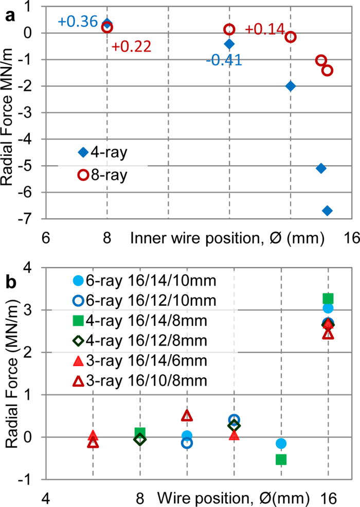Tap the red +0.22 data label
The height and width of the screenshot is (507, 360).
131,47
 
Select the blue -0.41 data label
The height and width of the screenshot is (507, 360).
224,60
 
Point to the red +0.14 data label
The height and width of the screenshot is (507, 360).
265,30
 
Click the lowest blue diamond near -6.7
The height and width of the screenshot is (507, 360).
327,211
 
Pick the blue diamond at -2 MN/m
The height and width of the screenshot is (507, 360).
291,86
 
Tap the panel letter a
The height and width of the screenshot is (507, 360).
9,15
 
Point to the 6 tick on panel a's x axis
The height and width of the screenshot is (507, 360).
45,238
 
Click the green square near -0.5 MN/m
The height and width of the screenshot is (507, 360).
281,459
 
